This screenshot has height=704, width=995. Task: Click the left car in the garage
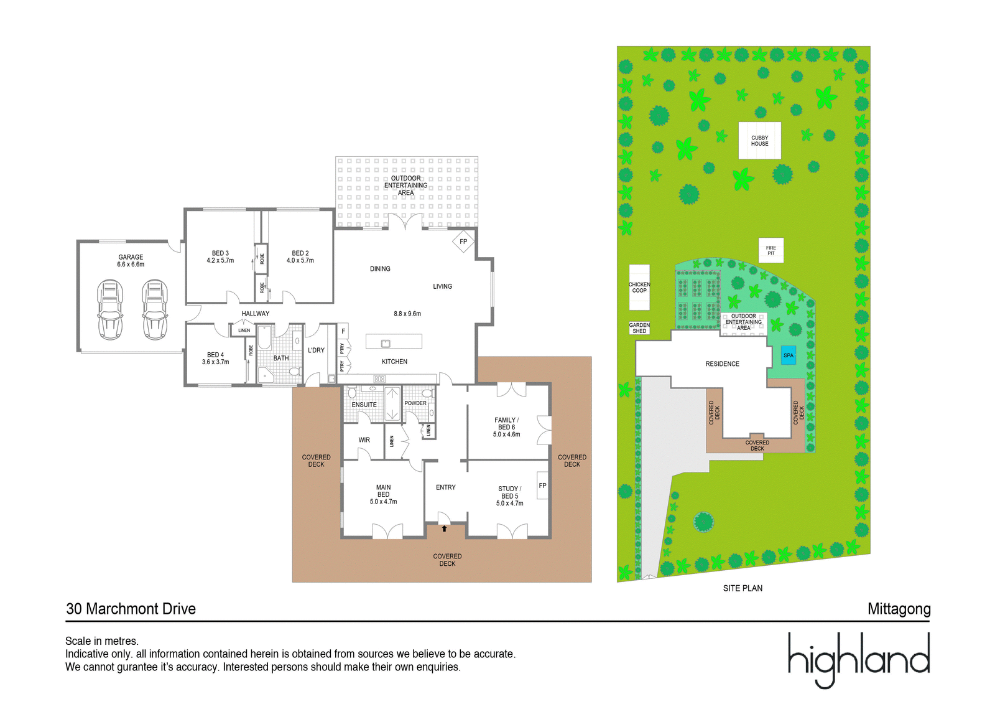point(110,309)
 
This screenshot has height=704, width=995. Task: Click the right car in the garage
point(155,309)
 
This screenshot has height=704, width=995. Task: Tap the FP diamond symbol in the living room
point(463,242)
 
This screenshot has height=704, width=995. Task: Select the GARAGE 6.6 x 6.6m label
point(131,261)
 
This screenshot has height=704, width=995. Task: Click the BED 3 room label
point(220,253)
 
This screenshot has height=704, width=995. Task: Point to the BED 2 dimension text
point(300,261)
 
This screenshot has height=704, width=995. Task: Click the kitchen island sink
point(386,343)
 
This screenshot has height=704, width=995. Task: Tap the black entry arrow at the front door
point(444,528)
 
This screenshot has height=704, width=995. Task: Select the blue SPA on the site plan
point(788,355)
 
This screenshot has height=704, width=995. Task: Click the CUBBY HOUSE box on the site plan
point(759,141)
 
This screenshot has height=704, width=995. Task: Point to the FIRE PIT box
point(771,250)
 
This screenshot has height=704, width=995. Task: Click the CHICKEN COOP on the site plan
point(639,287)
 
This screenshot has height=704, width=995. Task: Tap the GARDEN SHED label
point(639,328)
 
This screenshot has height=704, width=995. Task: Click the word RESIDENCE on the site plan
point(722,364)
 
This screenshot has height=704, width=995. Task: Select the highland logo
point(859,659)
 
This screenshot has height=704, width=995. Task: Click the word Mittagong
point(899,609)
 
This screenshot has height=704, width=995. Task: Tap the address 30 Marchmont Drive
point(131,609)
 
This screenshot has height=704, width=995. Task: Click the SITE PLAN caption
point(742,588)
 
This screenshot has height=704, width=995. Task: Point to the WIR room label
point(364,440)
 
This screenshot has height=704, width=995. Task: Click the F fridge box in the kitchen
point(343,331)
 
